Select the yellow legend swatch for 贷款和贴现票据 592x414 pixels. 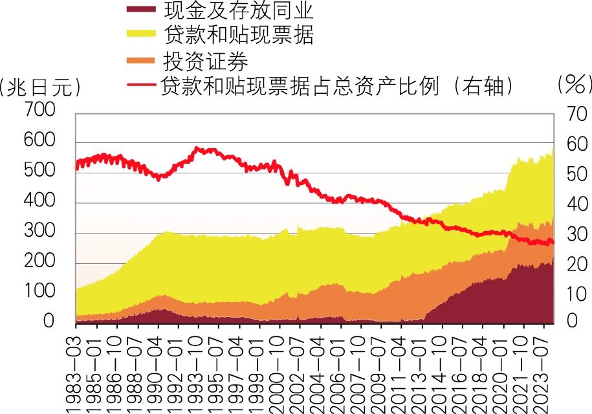(x=142, y=35)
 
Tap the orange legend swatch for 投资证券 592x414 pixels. (x=142, y=60)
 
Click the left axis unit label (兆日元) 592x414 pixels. (x=40, y=87)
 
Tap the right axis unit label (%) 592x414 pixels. (x=575, y=84)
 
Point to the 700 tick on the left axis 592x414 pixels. (x=39, y=112)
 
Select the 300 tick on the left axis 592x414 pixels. (x=39, y=232)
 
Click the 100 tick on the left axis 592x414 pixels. (x=39, y=292)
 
